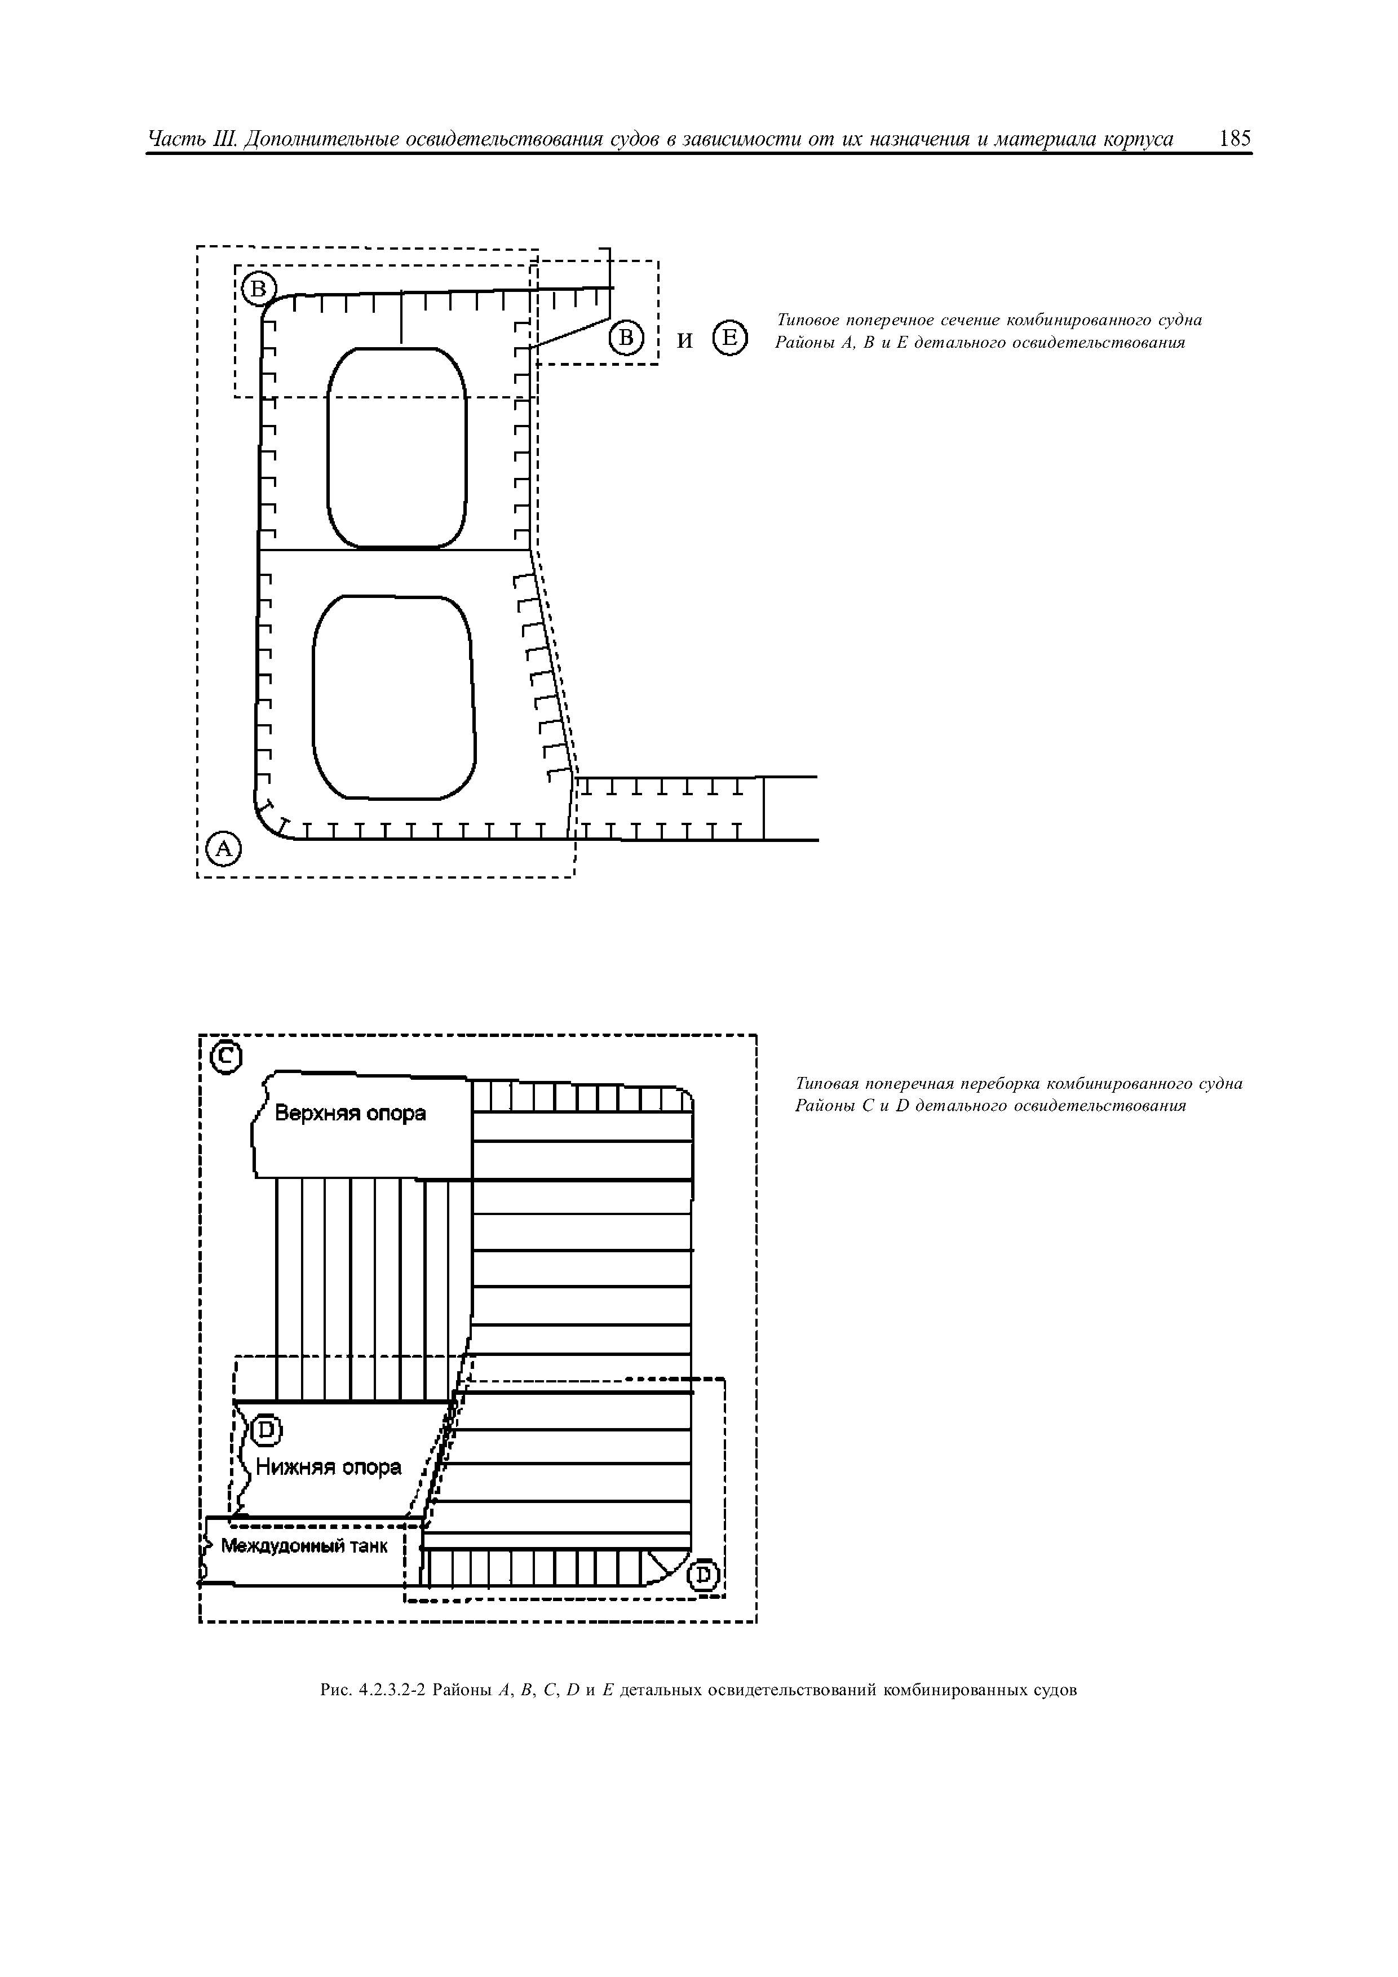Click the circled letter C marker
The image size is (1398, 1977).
click(227, 1057)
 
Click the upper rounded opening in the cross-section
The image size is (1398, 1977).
click(397, 447)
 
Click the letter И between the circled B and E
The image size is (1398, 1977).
click(685, 341)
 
